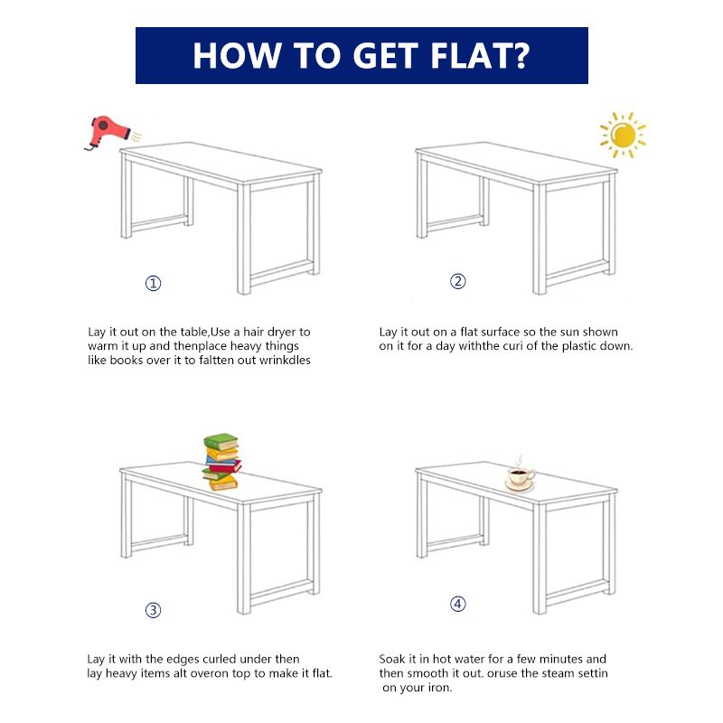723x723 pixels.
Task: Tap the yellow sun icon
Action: (623, 135)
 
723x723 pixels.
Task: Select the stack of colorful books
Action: (221, 462)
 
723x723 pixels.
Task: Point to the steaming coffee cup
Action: (521, 475)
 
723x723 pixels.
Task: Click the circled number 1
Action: (153, 283)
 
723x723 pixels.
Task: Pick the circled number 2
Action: (458, 281)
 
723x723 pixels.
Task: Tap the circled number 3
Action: (153, 611)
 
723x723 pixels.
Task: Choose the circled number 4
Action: (458, 604)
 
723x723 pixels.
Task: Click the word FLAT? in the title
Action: (480, 56)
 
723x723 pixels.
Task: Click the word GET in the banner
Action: (386, 56)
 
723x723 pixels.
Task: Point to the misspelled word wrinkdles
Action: (285, 360)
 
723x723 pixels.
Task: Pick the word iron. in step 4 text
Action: (439, 688)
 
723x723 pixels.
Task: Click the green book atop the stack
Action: (221, 441)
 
